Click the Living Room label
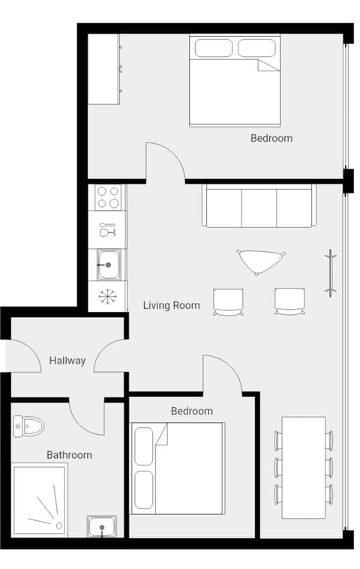pyautogui.click(x=172, y=305)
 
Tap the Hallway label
pyautogui.click(x=67, y=361)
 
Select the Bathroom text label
pyautogui.click(x=69, y=454)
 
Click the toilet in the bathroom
pyautogui.click(x=28, y=426)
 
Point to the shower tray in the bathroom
pyautogui.click(x=39, y=499)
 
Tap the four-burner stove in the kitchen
pyautogui.click(x=107, y=198)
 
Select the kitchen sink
pyautogui.click(x=107, y=265)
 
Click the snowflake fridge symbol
pyautogui.click(x=107, y=296)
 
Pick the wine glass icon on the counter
pyautogui.click(x=107, y=230)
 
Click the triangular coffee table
pyautogui.click(x=260, y=261)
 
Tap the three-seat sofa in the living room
pyautogui.click(x=257, y=207)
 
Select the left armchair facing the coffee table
pyautogui.click(x=228, y=301)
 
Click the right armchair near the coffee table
pyautogui.click(x=289, y=301)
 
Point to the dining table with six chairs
pyautogui.click(x=304, y=467)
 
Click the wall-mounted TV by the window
pyautogui.click(x=329, y=274)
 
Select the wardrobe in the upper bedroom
pyautogui.click(x=103, y=69)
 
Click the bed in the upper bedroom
pyautogui.click(x=234, y=81)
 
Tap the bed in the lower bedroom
pyautogui.click(x=178, y=469)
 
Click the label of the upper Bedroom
pyautogui.click(x=271, y=138)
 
